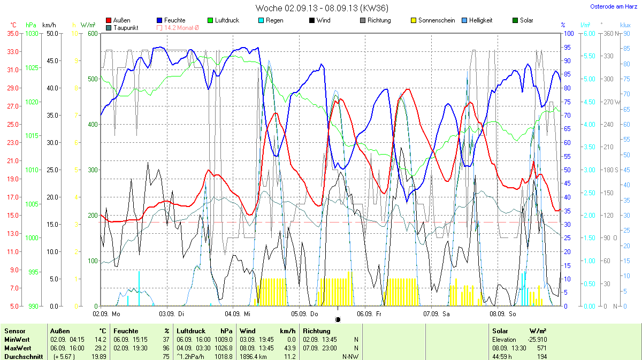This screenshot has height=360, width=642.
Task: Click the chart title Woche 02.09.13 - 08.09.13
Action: pyautogui.click(x=322, y=8)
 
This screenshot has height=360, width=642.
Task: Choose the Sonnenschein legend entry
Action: pyautogui.click(x=432, y=20)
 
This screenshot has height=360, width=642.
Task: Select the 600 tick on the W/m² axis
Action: pyautogui.click(x=93, y=33)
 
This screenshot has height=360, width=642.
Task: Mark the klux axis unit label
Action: pyautogui.click(x=625, y=25)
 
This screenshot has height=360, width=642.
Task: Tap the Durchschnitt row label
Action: pyautogui.click(x=23, y=356)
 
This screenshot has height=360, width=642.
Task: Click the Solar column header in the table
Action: pyautogui.click(x=500, y=331)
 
